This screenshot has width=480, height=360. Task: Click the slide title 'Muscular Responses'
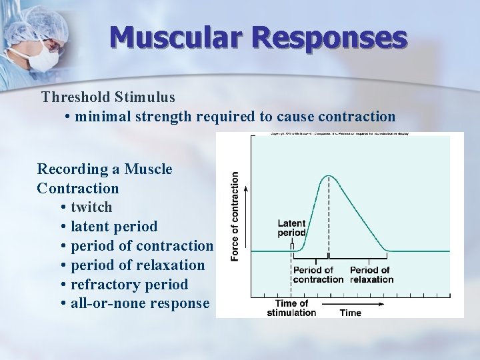pyautogui.click(x=258, y=38)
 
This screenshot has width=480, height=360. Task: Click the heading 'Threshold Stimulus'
pyautogui.click(x=108, y=97)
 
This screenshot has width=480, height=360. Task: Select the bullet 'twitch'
pyautogui.click(x=91, y=207)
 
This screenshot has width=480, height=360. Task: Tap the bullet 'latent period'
pyautogui.click(x=113, y=227)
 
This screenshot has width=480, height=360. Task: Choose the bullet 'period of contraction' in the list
pyautogui.click(x=141, y=246)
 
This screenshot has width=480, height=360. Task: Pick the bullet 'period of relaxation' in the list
pyautogui.click(x=137, y=265)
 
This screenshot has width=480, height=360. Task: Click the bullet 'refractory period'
pyautogui.click(x=129, y=285)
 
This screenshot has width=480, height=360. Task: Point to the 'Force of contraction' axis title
pyautogui.click(x=235, y=217)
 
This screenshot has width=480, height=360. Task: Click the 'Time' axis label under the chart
pyautogui.click(x=351, y=313)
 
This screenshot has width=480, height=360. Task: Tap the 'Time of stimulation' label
pyautogui.click(x=291, y=308)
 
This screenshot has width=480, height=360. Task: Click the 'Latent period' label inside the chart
pyautogui.click(x=291, y=228)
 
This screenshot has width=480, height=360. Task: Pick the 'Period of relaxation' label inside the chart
pyautogui.click(x=371, y=275)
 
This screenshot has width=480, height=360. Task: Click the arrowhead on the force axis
pyautogui.click(x=247, y=189)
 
